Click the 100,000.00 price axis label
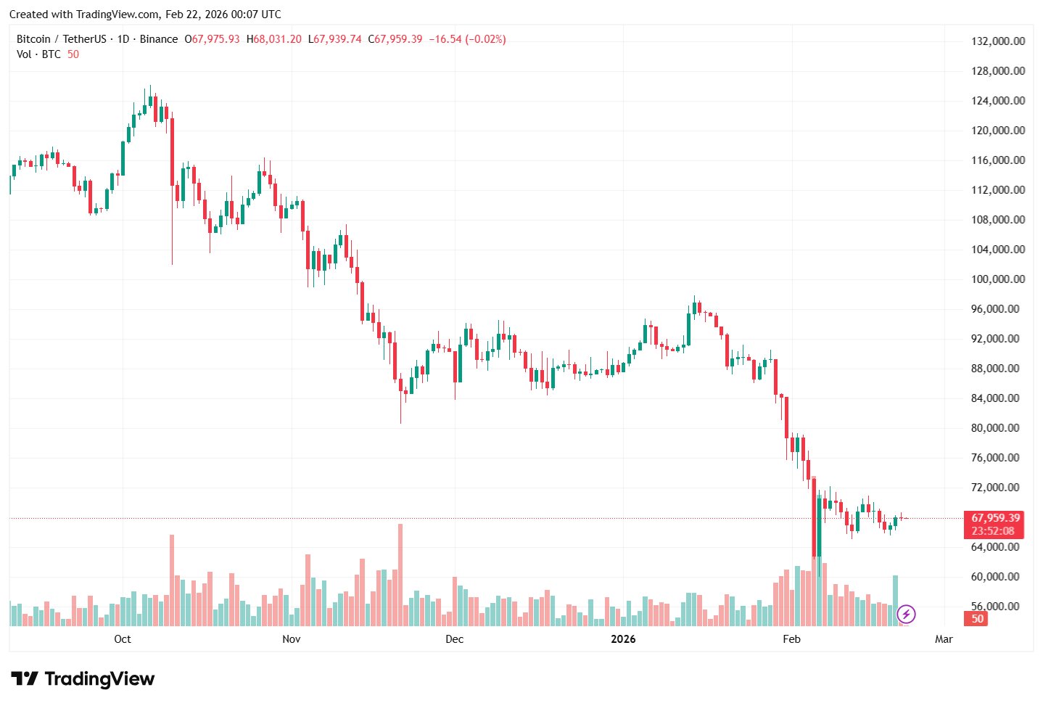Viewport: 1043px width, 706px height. pyautogui.click(x=998, y=279)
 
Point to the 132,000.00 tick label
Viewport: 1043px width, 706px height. pyautogui.click(x=998, y=41)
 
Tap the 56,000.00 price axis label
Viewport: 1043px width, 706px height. pyautogui.click(x=998, y=607)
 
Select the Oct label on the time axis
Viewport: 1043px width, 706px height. pyautogui.click(x=123, y=639)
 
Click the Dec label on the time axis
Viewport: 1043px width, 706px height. pyautogui.click(x=454, y=639)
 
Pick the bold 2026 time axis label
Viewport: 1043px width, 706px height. pyautogui.click(x=623, y=639)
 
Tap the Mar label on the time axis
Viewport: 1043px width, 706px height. pyautogui.click(x=944, y=639)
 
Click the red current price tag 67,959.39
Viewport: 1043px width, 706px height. pyautogui.click(x=995, y=518)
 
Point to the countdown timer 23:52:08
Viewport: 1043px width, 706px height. pyautogui.click(x=993, y=531)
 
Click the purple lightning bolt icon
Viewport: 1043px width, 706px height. pyautogui.click(x=906, y=615)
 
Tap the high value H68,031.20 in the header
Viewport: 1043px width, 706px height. pyautogui.click(x=274, y=39)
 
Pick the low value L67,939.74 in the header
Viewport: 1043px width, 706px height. pyautogui.click(x=335, y=39)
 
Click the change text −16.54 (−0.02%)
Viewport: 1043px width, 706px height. pyautogui.click(x=467, y=39)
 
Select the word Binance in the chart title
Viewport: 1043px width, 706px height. pyautogui.click(x=159, y=39)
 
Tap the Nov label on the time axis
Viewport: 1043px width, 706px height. pyautogui.click(x=292, y=639)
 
